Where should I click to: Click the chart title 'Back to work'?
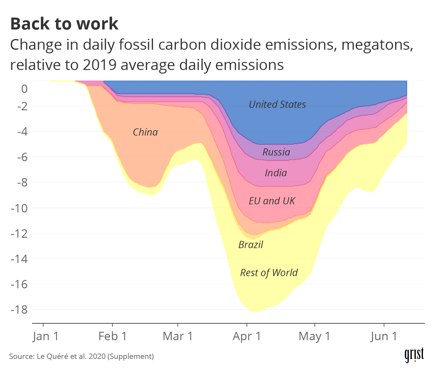pos(64,24)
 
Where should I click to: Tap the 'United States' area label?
pos(277,105)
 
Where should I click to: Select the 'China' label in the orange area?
pos(145,132)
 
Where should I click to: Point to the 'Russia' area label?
pos(276,152)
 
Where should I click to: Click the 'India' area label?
pos(276,173)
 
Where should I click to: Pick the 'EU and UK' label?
pos(272,201)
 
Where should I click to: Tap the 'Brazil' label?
pos(251,245)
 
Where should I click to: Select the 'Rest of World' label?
pos(269,273)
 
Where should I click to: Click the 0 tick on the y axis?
pos(24,89)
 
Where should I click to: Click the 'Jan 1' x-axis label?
pos(46,336)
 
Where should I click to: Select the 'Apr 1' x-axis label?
pos(247,336)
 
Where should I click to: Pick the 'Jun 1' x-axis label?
pos(384,336)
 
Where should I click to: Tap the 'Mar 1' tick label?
pos(178,336)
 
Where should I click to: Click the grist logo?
pos(414,355)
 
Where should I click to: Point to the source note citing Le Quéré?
pos(81,356)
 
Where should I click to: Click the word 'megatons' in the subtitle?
pos(377,45)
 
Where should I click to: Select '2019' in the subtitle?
pos(99,65)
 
